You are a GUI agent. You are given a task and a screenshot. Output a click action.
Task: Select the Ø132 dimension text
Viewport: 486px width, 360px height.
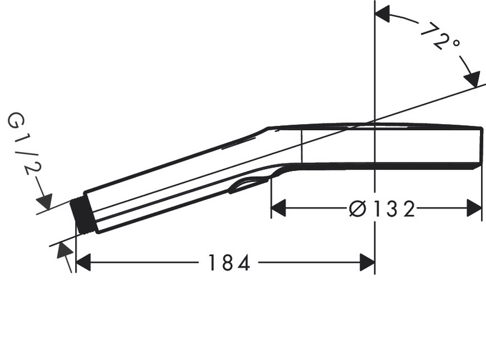[382, 209]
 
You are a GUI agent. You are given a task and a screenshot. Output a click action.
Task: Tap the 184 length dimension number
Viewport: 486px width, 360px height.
[228, 263]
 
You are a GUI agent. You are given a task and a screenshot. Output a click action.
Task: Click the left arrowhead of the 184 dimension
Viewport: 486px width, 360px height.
[83, 263]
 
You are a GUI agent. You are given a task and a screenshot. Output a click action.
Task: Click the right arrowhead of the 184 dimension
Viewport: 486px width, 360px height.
[367, 263]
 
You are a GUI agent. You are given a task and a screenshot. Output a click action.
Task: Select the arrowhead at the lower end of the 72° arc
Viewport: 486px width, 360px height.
[471, 80]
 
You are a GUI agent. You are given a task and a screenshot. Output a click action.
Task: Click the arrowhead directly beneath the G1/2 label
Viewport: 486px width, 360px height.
[46, 201]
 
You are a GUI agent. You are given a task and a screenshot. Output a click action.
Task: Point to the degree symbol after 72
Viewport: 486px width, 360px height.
[456, 44]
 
